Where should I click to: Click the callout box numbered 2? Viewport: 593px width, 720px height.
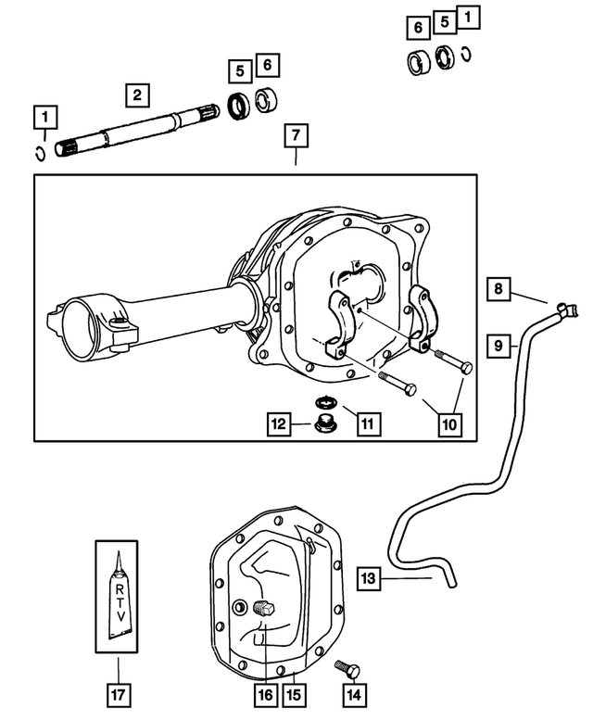click(137, 94)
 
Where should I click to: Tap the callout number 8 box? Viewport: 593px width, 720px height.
click(498, 289)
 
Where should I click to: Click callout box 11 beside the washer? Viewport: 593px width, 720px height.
click(367, 423)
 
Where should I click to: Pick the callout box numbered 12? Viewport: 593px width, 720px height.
click(279, 424)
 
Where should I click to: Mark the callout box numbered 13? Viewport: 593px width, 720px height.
click(368, 579)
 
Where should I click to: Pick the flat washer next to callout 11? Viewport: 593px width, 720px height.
click(324, 402)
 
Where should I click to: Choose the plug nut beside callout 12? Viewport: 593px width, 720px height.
click(325, 426)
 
